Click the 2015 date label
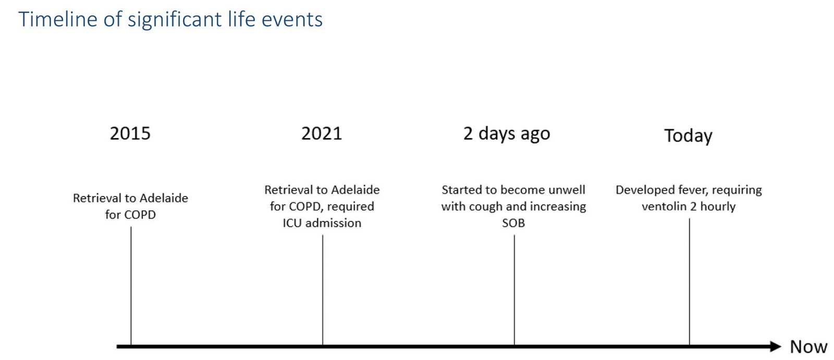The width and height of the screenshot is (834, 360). pyautogui.click(x=130, y=133)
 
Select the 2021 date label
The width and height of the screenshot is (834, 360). pyautogui.click(x=322, y=133)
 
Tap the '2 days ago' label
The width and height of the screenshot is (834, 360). pyautogui.click(x=506, y=134)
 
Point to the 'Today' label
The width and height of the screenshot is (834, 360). pyautogui.click(x=688, y=136)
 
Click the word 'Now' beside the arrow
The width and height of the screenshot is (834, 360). pyautogui.click(x=808, y=346)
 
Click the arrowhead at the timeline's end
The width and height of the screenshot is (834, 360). pyautogui.click(x=775, y=346)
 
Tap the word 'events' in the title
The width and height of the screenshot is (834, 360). pyautogui.click(x=292, y=20)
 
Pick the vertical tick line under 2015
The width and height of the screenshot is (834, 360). pyautogui.click(x=131, y=286)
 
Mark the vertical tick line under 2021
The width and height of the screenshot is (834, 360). pyautogui.click(x=323, y=290)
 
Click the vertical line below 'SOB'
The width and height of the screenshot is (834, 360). pyautogui.click(x=514, y=290)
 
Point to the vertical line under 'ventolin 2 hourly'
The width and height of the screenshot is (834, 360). pyautogui.click(x=690, y=282)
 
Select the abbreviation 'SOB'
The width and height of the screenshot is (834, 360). pyautogui.click(x=513, y=223)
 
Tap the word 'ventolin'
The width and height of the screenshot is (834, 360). pyautogui.click(x=664, y=206)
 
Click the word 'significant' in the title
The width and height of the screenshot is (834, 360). pyautogui.click(x=175, y=20)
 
